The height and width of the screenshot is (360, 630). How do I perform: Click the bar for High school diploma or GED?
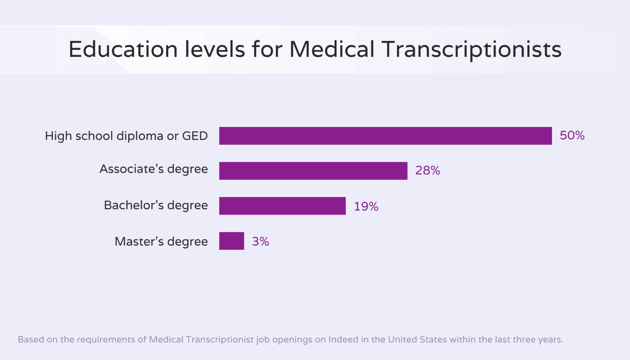tap(385, 136)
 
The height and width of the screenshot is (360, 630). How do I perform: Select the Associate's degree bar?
tap(313, 171)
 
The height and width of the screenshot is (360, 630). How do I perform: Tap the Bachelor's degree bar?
tap(282, 206)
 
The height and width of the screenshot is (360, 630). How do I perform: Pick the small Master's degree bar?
tap(231, 241)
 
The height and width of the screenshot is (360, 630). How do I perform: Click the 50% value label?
tap(572, 135)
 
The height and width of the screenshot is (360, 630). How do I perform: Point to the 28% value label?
tap(427, 170)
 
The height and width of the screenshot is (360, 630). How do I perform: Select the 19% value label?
tap(366, 206)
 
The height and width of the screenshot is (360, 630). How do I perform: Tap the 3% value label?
tap(260, 242)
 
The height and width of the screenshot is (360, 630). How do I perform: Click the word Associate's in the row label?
tap(131, 169)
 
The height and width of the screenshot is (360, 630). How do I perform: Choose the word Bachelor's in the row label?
tap(134, 205)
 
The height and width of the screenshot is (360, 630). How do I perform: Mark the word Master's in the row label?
tap(139, 242)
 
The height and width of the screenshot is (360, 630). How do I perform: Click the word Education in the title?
tap(123, 49)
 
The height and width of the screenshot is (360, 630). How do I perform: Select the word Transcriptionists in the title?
tap(471, 49)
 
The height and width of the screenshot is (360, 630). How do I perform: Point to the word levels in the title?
tap(215, 49)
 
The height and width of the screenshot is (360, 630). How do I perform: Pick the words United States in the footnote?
tap(417, 340)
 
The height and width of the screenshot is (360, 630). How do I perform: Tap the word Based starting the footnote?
tap(31, 340)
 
